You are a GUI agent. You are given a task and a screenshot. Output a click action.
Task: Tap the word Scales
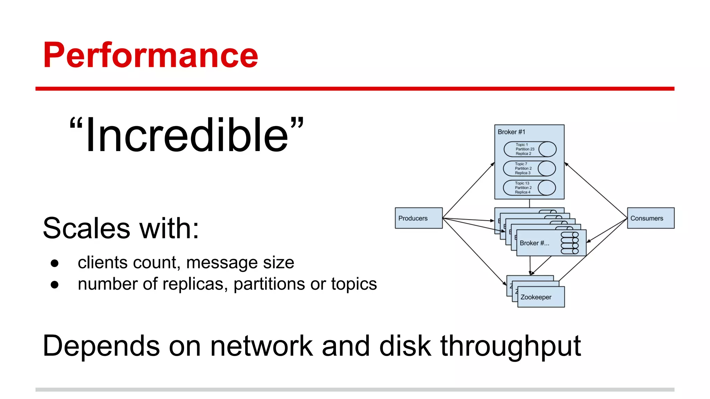point(87,228)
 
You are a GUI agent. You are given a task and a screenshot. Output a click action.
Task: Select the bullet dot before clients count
point(54,263)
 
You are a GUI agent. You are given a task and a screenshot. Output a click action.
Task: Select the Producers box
point(418,218)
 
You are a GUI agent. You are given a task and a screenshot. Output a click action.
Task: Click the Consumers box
point(650,218)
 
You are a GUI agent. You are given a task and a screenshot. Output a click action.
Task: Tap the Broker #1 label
point(511,132)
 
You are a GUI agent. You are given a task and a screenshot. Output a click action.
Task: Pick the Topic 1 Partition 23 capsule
point(530,149)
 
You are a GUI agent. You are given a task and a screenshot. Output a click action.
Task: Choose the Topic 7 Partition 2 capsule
point(529,168)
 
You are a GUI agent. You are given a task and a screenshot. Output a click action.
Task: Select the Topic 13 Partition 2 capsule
point(529,188)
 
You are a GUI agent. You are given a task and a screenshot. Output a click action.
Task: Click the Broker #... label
point(534,243)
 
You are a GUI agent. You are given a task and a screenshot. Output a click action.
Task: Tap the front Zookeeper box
point(540,297)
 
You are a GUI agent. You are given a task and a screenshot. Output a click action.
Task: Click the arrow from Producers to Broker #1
point(468,190)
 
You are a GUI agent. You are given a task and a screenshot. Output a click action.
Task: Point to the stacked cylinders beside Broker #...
point(570,243)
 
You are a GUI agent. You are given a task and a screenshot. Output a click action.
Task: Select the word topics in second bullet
point(354,284)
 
